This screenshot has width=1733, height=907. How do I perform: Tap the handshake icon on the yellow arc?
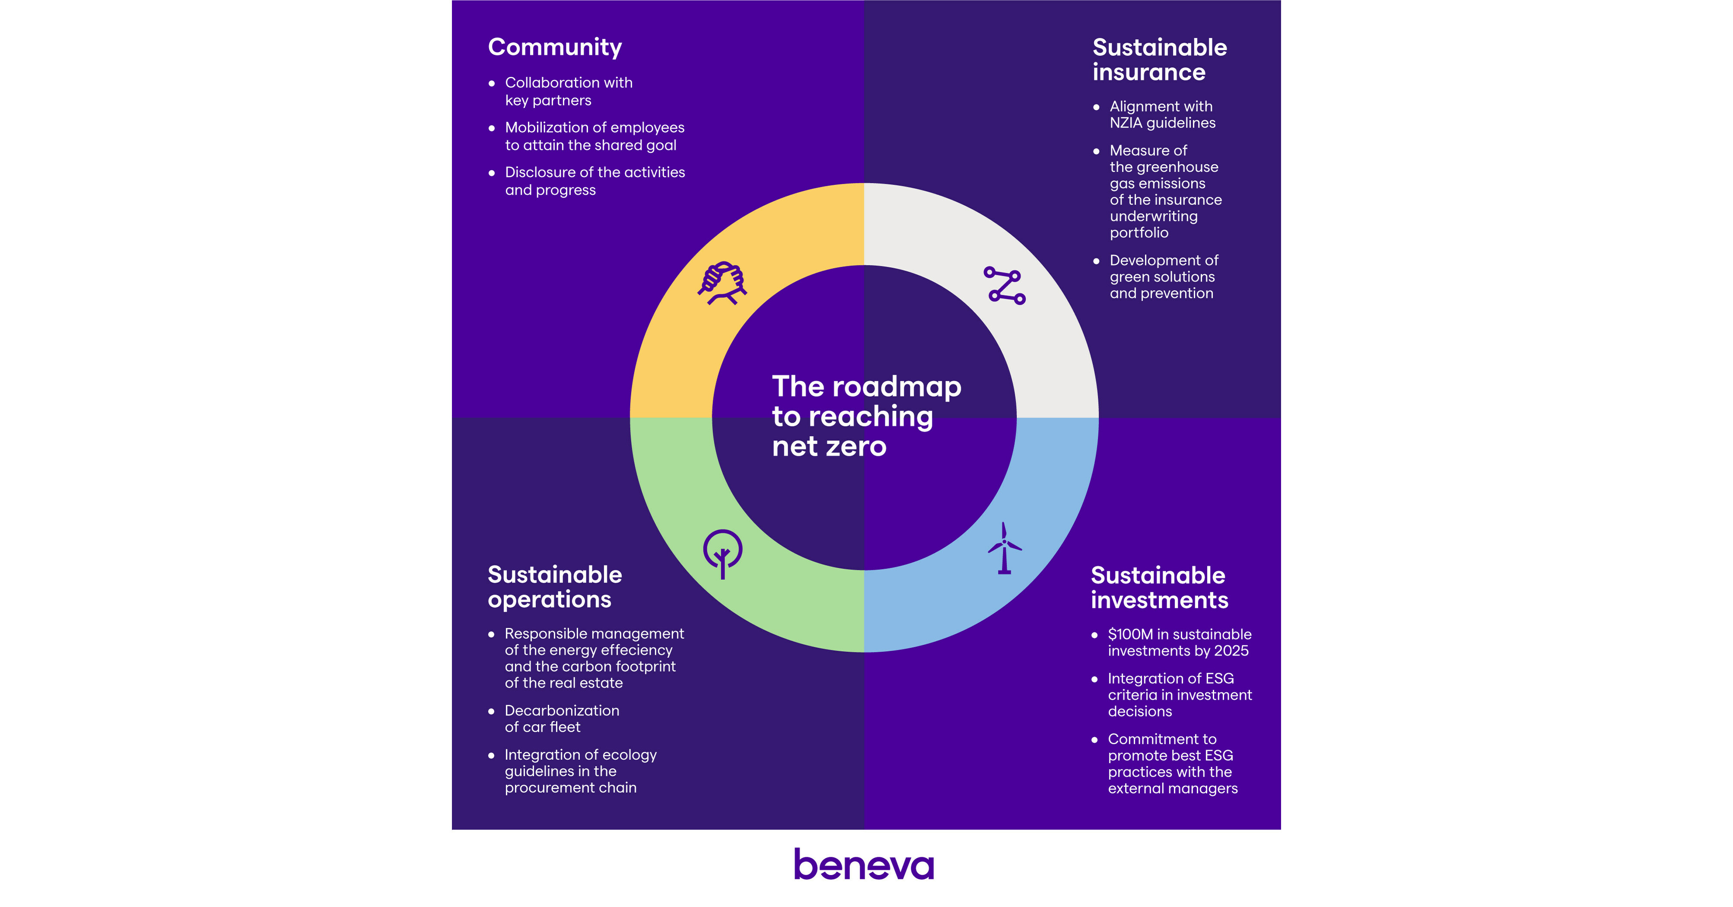[722, 283]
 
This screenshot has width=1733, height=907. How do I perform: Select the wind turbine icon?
[1004, 548]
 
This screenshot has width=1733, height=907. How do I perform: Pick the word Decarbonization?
[562, 710]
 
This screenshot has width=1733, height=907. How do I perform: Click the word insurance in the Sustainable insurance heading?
[1148, 73]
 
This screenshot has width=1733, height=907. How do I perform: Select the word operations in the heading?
[549, 599]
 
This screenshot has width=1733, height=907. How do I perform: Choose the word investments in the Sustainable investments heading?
[1159, 600]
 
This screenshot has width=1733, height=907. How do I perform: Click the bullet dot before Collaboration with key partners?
[492, 83]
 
